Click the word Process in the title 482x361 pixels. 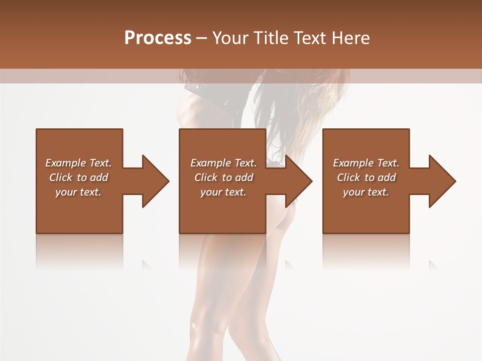tap(158, 38)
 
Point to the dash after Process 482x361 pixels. tap(202, 39)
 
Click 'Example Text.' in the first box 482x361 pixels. tap(78, 163)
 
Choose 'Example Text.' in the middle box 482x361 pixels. tap(223, 163)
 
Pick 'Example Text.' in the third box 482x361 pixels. tap(366, 163)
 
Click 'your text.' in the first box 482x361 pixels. tap(78, 192)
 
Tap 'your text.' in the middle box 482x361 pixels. tap(223, 192)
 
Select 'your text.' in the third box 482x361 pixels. tap(366, 192)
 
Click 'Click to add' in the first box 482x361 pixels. tap(78, 177)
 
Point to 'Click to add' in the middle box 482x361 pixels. tap(223, 177)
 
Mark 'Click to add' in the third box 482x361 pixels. tap(366, 177)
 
